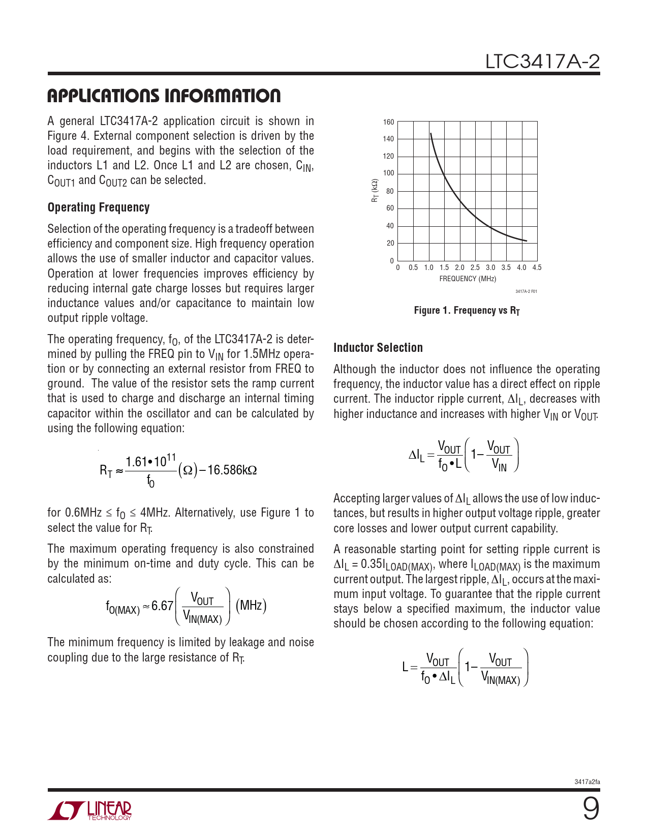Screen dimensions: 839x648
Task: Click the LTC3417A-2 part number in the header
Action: pos(542,62)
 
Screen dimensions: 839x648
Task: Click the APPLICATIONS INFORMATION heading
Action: pos(164,96)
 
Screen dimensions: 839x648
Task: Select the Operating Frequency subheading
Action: pos(99,207)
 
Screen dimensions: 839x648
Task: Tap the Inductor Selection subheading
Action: pos(378,348)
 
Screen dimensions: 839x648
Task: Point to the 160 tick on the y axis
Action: pos(389,122)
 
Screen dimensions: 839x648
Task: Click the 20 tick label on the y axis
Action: pos(390,243)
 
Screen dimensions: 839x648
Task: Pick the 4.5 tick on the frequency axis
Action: pos(537,267)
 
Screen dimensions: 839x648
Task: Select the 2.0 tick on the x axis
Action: pos(459,267)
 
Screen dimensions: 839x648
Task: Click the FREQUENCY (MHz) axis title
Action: pos(468,279)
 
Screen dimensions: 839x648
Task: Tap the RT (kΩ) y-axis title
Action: pos(375,191)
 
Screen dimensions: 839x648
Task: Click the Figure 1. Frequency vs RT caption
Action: pos(467,311)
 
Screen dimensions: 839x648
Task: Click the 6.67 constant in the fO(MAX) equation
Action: pos(162,606)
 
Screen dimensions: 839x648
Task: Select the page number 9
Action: pos(591,808)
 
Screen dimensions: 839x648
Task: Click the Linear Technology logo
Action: pos(90,811)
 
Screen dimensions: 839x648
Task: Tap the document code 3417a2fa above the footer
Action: pos(587,782)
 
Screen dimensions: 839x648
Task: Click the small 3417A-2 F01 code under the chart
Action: pos(526,291)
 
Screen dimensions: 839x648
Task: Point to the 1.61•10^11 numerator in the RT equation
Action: pos(150,462)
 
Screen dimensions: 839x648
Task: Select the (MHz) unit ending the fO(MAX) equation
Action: pos(251,606)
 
